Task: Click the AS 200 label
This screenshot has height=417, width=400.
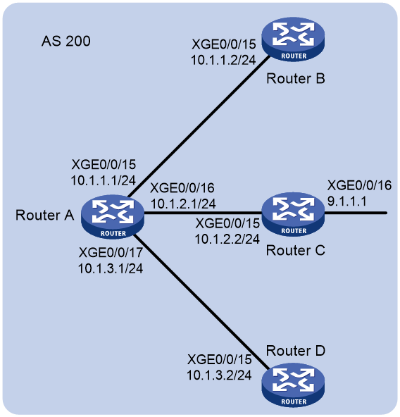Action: pos(66,42)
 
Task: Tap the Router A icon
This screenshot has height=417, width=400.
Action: pos(113,217)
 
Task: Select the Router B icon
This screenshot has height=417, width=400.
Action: pos(293,39)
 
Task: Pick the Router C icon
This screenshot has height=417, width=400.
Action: pos(293,214)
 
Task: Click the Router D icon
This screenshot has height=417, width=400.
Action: pos(293,385)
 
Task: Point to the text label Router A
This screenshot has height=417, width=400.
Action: pos(44,215)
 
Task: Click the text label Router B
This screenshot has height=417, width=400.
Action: pos(296,79)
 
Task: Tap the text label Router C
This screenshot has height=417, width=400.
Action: pos(296,251)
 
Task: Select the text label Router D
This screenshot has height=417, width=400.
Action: pos(296,351)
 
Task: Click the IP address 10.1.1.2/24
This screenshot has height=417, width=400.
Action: pos(223,60)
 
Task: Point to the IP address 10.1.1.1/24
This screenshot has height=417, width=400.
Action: pos(104,180)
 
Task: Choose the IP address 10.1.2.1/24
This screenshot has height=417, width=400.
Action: pos(183,204)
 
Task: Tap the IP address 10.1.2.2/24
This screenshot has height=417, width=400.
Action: pos(227,239)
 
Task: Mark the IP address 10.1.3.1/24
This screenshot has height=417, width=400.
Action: pos(111,268)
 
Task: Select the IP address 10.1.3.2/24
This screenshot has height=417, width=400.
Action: pos(219,375)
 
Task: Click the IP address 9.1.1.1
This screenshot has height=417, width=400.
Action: pos(347,201)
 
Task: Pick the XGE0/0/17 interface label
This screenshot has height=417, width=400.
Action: pos(111,252)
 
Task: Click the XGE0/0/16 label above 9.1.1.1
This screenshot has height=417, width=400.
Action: pos(359,185)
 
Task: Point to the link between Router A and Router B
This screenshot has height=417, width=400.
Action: pos(199,127)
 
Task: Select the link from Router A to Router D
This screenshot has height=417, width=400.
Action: pos(201,302)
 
